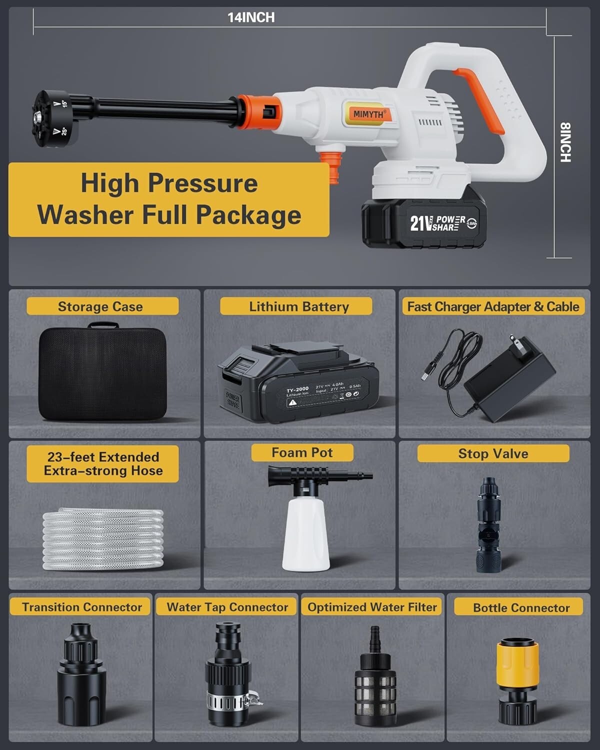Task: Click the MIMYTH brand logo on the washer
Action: [368, 114]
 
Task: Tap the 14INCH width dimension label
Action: [251, 17]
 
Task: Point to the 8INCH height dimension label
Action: [564, 142]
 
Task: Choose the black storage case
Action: [102, 373]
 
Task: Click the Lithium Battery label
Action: [298, 306]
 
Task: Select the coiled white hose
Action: [103, 539]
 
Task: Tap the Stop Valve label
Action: [493, 453]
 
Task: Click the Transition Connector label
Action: [81, 607]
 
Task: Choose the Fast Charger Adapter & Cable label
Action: [493, 306]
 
